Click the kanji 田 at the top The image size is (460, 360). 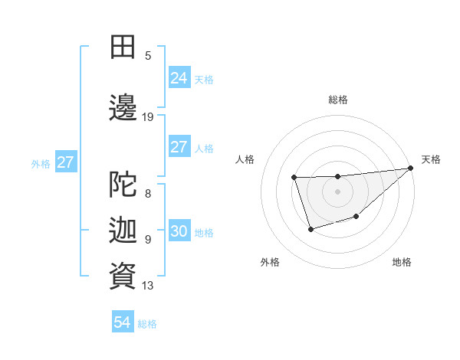123,47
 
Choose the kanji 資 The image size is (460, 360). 123,276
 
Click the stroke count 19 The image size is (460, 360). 148,117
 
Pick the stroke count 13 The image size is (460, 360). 148,286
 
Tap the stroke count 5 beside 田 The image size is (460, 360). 148,55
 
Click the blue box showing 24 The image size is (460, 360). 179,78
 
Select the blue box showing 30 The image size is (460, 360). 179,231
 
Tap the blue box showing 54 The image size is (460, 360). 123,322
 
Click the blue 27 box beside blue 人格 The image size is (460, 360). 179,147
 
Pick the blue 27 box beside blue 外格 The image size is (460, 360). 66,162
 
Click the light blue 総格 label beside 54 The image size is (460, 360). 147,324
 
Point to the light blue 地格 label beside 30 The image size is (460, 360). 204,233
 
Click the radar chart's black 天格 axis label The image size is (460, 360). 431,159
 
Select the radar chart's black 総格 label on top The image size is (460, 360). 337,100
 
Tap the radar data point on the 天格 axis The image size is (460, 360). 411,168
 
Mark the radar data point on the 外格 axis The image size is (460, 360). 310,229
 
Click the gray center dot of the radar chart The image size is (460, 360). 337,191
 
